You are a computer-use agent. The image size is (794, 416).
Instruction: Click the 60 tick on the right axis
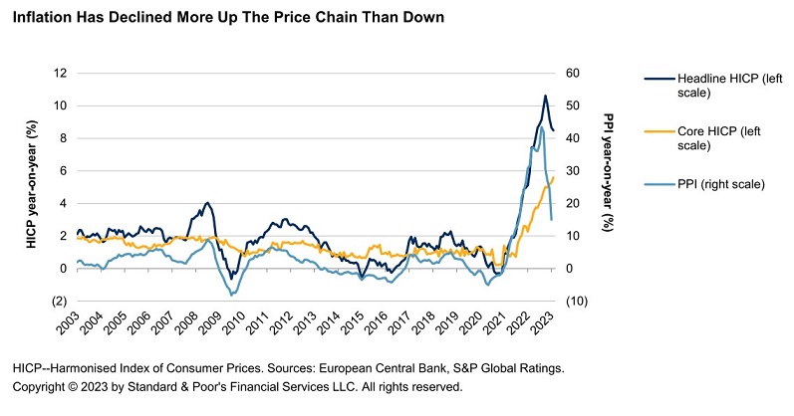[x=574, y=74]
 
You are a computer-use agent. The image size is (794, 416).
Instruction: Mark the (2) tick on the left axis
[x=58, y=302]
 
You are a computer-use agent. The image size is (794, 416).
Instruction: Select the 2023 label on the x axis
[x=550, y=325]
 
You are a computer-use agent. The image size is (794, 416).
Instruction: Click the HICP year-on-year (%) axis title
[x=31, y=187]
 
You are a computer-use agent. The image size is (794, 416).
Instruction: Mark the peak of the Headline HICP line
[x=545, y=96]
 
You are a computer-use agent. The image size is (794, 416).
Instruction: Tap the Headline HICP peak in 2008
[x=207, y=203]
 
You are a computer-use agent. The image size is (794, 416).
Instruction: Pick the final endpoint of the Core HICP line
[x=553, y=177]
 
